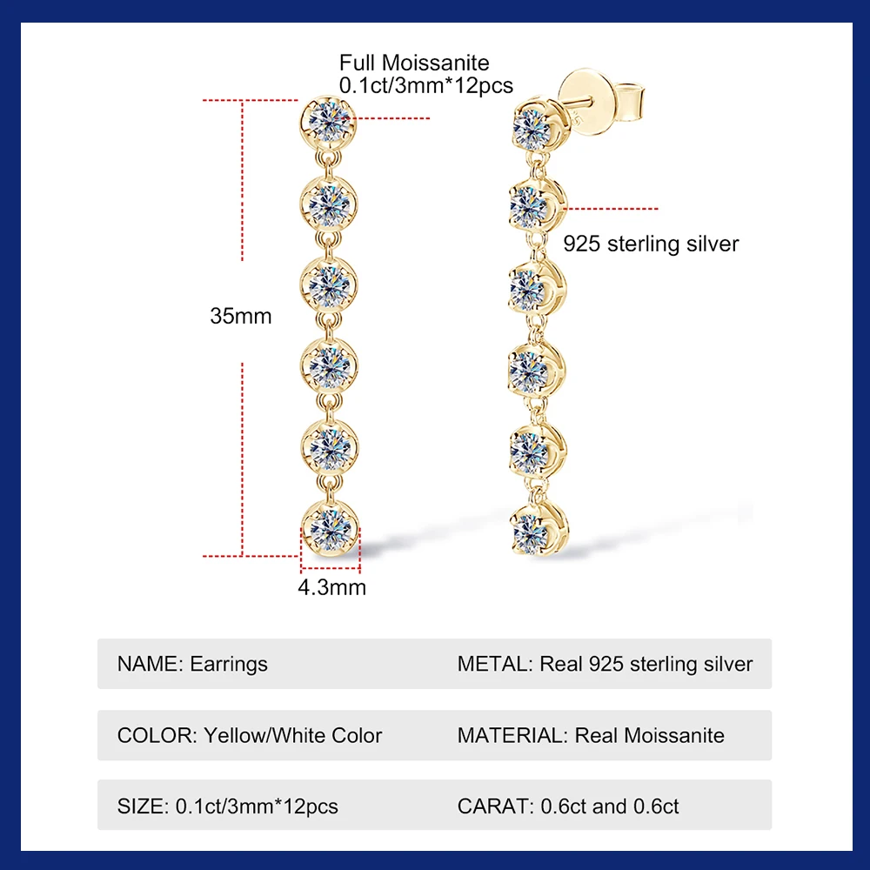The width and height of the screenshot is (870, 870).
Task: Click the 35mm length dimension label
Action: (x=241, y=316)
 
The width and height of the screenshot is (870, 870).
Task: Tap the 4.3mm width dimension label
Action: (x=332, y=587)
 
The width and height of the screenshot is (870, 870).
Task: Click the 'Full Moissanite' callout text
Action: (x=414, y=63)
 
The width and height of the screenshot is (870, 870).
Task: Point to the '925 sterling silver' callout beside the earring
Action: (x=651, y=244)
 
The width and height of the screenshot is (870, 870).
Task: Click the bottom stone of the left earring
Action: (x=329, y=527)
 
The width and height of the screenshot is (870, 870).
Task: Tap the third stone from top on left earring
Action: (x=329, y=284)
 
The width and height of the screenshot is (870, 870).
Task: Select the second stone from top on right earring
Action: (x=532, y=204)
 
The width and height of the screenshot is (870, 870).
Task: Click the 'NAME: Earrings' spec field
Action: (x=192, y=664)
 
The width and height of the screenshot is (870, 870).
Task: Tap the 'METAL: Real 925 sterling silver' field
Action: (x=605, y=664)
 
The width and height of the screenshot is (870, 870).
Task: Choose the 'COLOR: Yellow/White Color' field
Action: (x=250, y=735)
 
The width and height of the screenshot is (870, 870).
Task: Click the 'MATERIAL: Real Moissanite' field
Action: (x=591, y=735)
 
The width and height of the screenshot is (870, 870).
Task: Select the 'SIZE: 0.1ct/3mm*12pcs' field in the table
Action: (x=228, y=806)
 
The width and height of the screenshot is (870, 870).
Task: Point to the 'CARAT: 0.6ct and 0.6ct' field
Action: (x=568, y=806)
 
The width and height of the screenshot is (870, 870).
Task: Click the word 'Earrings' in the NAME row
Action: (x=229, y=664)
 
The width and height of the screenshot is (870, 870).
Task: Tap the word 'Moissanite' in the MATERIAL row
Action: (x=672, y=735)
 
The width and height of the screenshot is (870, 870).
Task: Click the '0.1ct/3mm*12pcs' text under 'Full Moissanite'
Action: (x=426, y=85)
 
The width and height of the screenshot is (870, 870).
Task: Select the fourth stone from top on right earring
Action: (x=532, y=370)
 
